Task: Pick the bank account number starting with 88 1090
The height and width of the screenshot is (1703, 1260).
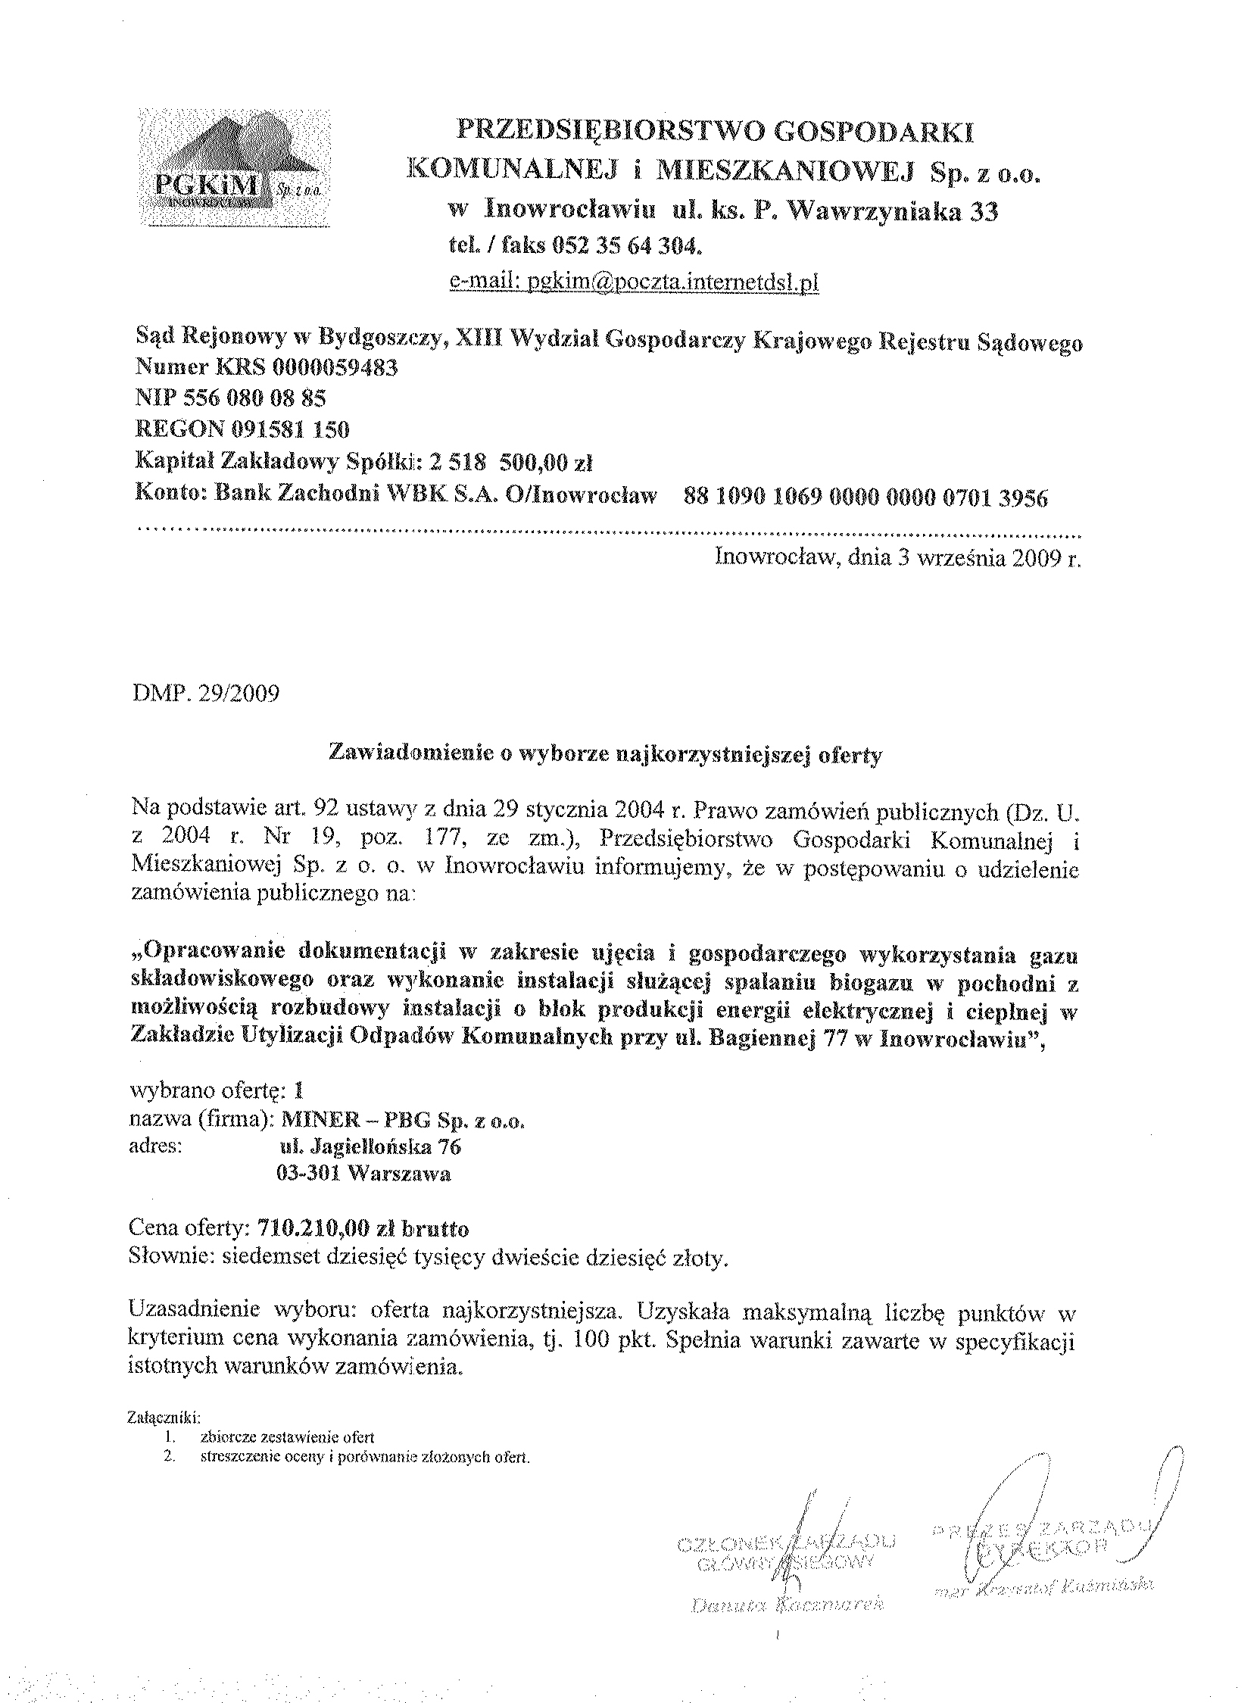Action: (865, 497)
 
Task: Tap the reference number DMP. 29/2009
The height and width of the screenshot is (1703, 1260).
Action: (206, 694)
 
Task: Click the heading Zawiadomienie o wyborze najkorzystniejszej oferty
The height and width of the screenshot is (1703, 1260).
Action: (605, 754)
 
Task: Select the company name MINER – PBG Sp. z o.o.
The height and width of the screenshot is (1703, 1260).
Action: (403, 1121)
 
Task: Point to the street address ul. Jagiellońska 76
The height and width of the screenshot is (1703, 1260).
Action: (370, 1146)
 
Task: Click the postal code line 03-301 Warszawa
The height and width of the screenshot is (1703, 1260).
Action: (363, 1173)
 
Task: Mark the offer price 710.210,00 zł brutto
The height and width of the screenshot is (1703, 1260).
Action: (363, 1228)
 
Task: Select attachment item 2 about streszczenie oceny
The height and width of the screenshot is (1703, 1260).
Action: (364, 1457)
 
